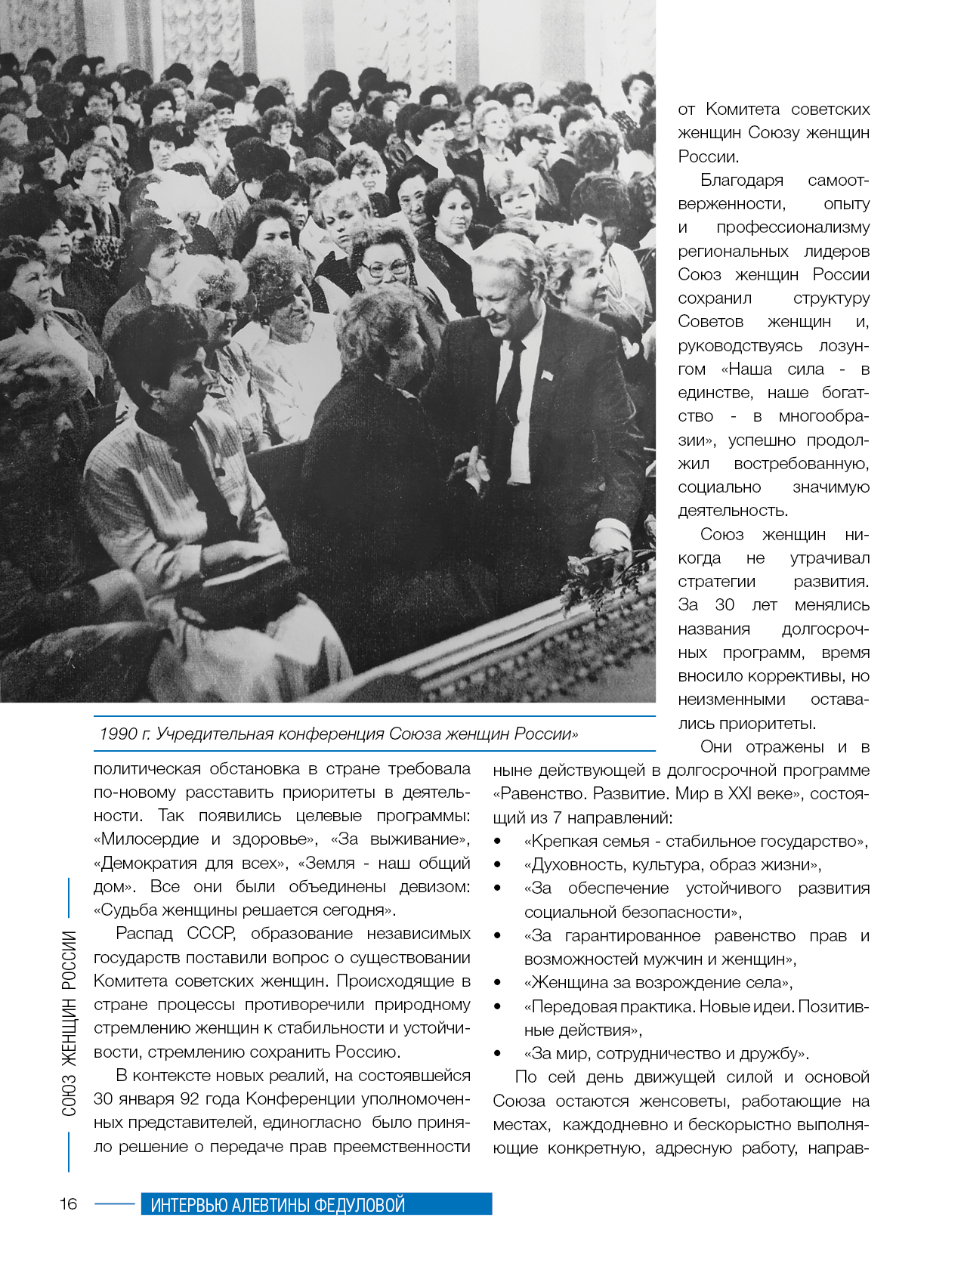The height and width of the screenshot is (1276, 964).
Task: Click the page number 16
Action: tap(69, 1203)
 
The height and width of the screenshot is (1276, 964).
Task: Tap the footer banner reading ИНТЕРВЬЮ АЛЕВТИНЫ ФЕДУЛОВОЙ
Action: tap(316, 1204)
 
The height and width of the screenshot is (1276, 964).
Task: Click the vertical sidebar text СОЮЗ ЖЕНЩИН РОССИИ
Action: tap(69, 1024)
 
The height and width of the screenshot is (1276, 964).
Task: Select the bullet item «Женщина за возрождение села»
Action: tap(658, 983)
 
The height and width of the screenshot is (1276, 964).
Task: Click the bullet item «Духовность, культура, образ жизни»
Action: tap(672, 865)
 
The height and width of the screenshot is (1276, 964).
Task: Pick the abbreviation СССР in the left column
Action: tap(211, 934)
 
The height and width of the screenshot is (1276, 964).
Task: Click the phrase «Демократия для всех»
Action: tap(190, 863)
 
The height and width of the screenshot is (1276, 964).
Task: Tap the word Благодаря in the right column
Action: tap(741, 181)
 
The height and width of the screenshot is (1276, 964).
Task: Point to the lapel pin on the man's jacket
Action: tap(546, 373)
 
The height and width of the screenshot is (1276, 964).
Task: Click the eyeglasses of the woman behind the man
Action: tap(385, 268)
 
